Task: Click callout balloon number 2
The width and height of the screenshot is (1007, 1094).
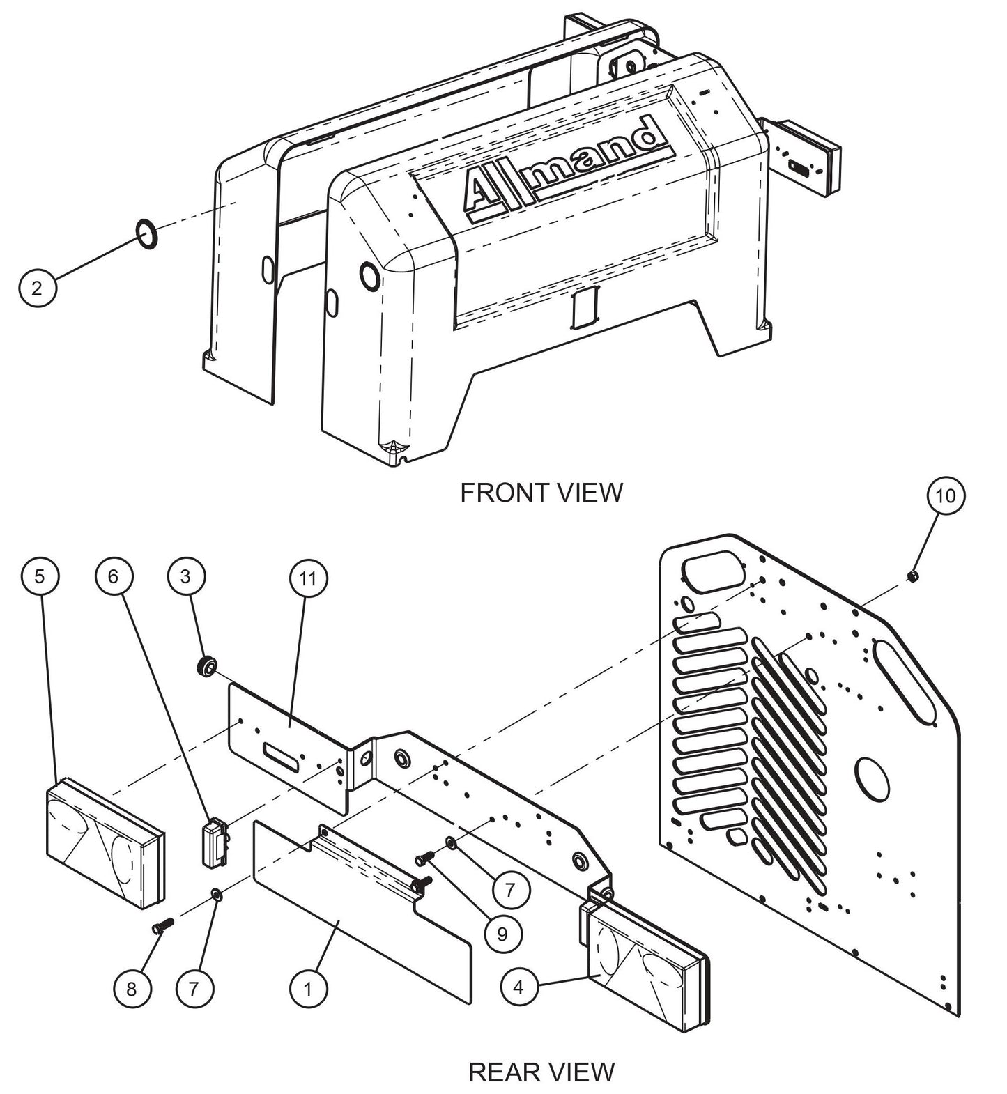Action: pos(38,287)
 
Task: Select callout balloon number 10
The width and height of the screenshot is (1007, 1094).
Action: pos(946,496)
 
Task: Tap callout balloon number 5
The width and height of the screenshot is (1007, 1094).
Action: pos(40,576)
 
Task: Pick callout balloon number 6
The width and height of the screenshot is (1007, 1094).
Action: pos(114,576)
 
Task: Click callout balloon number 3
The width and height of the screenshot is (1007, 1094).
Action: pos(185,576)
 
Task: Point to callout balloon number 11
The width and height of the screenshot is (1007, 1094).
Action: pos(308,578)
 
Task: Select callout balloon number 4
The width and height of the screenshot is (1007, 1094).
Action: pos(519,987)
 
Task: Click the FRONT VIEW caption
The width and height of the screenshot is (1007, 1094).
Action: pos(541,492)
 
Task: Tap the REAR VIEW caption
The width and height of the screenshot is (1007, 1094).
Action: pos(541,1071)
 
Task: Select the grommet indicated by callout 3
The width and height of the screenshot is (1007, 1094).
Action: pos(206,667)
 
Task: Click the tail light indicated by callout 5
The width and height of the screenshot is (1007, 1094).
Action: pos(105,844)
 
